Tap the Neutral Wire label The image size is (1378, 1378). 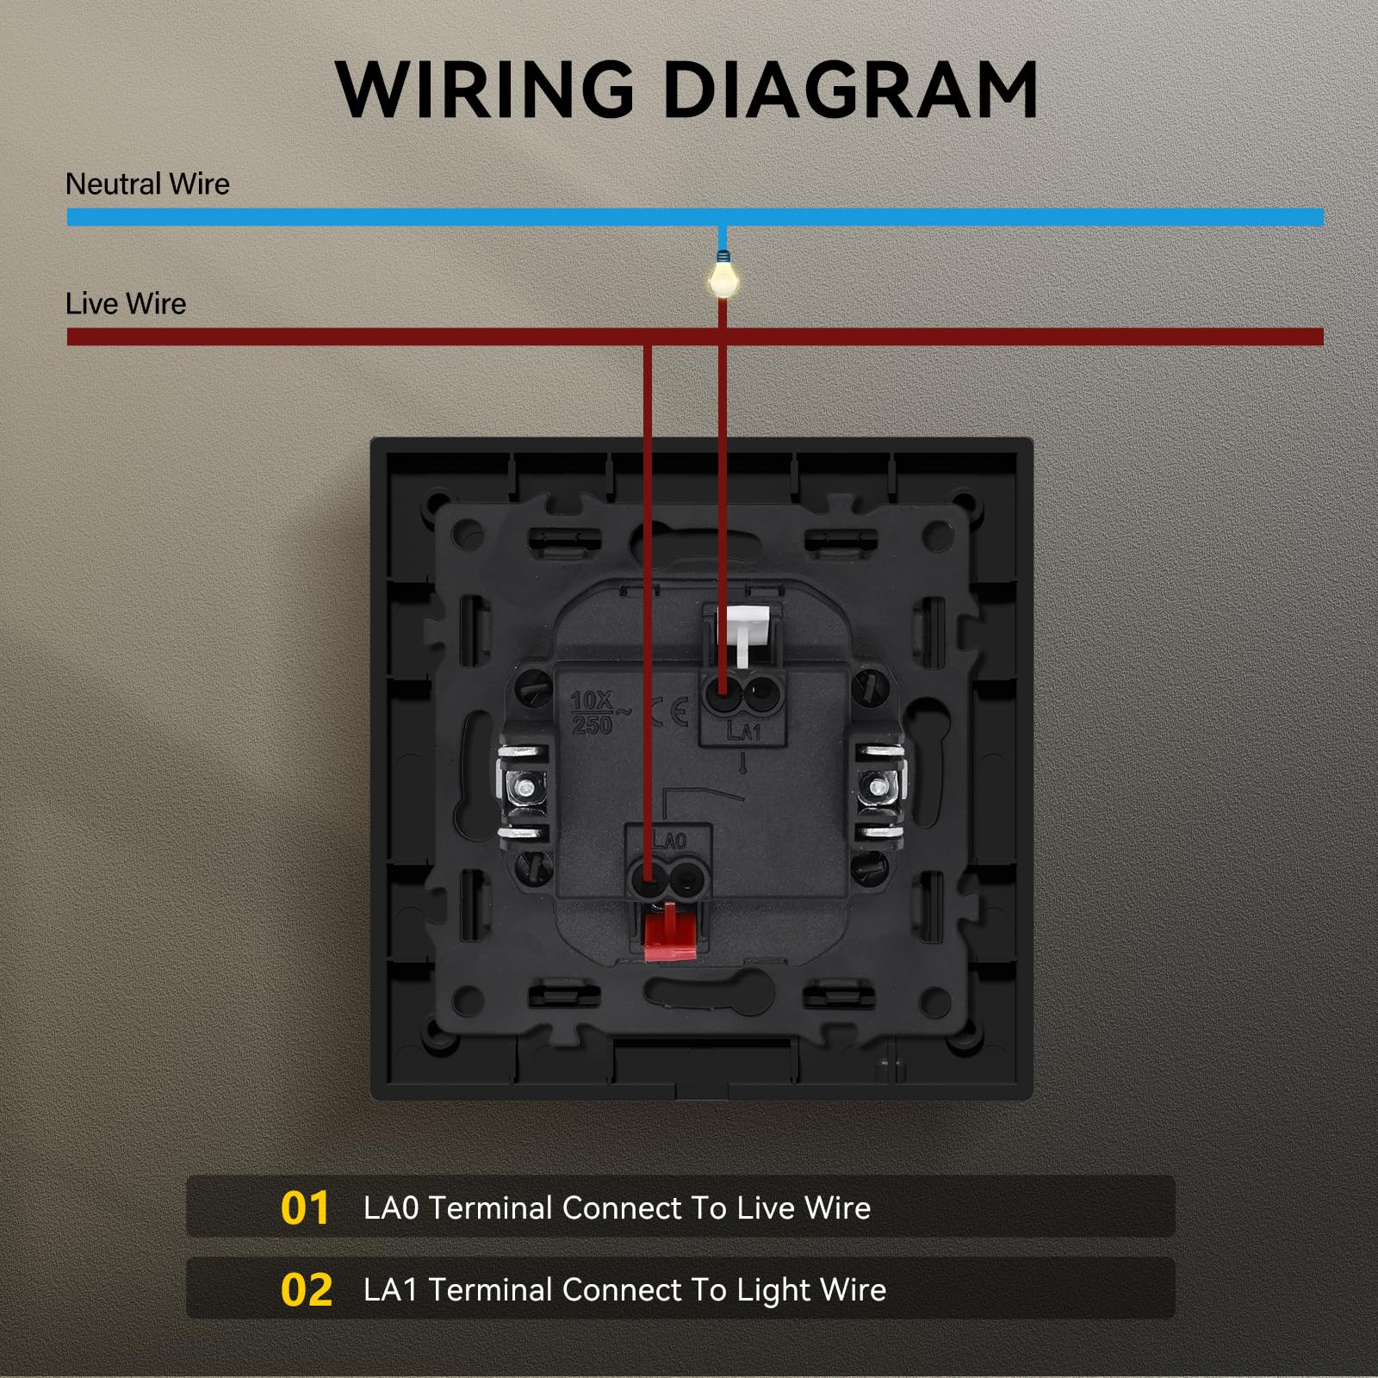click(x=147, y=184)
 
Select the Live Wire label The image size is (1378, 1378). click(x=126, y=304)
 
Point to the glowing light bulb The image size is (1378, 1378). click(x=723, y=279)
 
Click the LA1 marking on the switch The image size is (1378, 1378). click(x=744, y=732)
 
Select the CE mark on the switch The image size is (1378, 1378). click(x=670, y=711)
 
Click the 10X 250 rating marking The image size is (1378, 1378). click(x=593, y=713)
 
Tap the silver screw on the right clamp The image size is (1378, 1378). click(x=878, y=786)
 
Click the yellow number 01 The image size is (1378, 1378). click(x=305, y=1207)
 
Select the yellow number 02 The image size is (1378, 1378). click(x=306, y=1290)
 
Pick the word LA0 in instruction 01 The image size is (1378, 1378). click(x=391, y=1208)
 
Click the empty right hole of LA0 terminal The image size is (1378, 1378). click(x=687, y=879)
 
